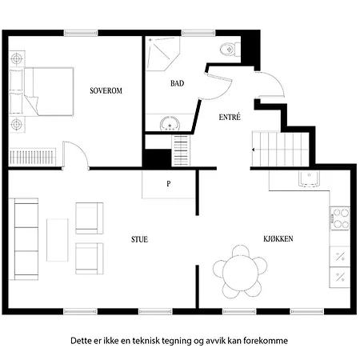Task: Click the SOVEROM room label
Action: (106, 90)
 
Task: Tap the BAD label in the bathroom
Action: (178, 83)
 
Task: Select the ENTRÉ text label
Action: (230, 117)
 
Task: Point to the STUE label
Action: (139, 239)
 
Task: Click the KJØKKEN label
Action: (278, 238)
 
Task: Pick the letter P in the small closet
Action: (169, 184)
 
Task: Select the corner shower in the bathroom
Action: (162, 54)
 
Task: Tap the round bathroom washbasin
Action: (170, 124)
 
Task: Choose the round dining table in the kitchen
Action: (240, 271)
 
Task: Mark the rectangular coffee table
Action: (58, 240)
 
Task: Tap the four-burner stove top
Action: (340, 218)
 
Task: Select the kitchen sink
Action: (309, 178)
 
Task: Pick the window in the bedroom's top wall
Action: (81, 33)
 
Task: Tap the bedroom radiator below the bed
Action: (33, 157)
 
